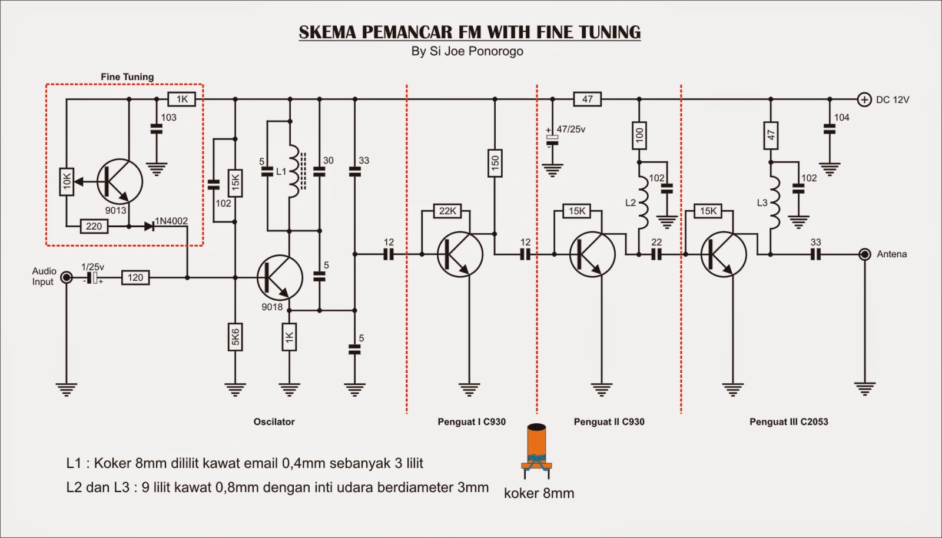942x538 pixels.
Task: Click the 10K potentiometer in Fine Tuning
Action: coord(67,182)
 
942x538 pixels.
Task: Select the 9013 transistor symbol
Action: coord(120,182)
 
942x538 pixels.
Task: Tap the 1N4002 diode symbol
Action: coord(148,226)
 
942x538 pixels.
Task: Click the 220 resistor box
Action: coord(94,226)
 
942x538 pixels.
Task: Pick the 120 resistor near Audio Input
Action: coord(135,277)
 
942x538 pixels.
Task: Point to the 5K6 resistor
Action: coord(235,337)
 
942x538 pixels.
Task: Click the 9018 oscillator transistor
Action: coord(280,277)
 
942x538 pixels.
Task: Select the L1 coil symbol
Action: coord(293,171)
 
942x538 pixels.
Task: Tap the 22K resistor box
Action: coord(447,211)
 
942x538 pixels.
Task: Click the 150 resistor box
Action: coord(495,162)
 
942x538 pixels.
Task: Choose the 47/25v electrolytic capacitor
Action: coord(552,138)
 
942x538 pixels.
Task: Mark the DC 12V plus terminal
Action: coord(864,99)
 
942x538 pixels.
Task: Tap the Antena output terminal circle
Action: coord(864,254)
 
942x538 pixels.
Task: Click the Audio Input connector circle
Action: coord(67,277)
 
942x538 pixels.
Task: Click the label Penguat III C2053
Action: coord(788,421)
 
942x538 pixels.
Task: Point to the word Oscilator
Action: coord(274,421)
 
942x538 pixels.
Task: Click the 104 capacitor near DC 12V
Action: coord(829,129)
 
